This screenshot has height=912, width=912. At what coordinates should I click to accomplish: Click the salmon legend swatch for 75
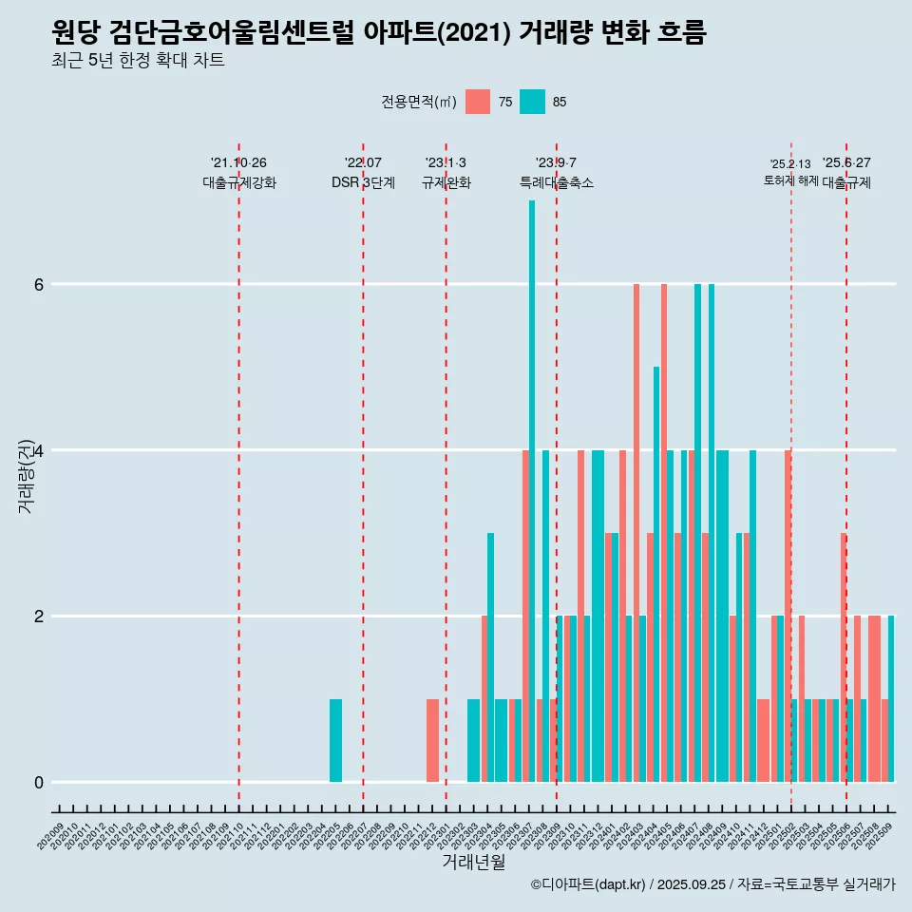coord(478,102)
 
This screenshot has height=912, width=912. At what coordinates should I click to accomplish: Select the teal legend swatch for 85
coord(532,102)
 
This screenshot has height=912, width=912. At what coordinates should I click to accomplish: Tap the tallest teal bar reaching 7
coord(532,490)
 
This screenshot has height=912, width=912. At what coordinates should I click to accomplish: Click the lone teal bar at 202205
coord(335,740)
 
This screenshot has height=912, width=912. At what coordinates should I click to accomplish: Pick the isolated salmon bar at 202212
coord(432,740)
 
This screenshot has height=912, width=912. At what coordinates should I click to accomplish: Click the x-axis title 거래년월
coord(473,862)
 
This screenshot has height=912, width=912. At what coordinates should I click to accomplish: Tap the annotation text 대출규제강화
coord(238,182)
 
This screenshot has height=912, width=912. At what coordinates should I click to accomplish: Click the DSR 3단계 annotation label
coord(363,182)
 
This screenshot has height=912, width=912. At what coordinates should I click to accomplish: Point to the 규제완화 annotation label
coord(446,182)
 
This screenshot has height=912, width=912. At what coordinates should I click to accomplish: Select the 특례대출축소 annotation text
coord(557,182)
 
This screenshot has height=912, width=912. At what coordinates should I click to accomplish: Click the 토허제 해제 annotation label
coord(790,180)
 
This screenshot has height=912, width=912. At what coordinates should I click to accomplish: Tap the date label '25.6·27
coord(846,162)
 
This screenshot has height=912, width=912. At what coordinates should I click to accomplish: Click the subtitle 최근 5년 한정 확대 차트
coord(138,61)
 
